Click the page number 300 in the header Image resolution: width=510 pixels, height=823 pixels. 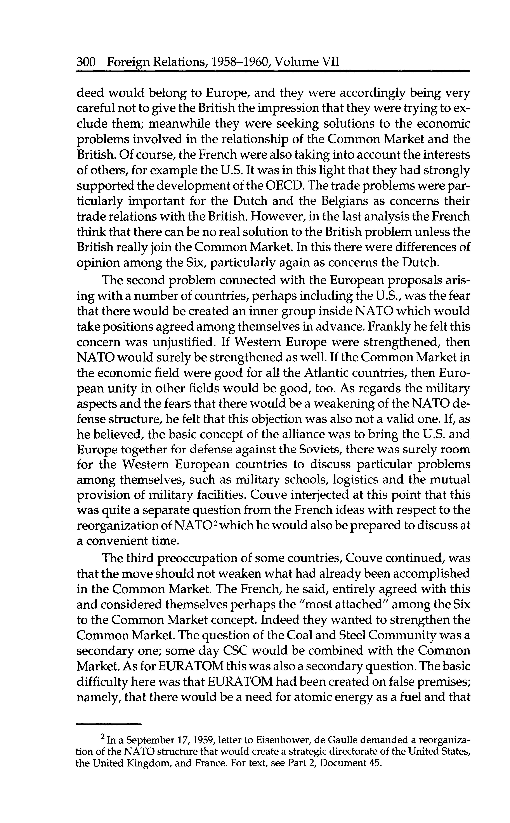87,62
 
